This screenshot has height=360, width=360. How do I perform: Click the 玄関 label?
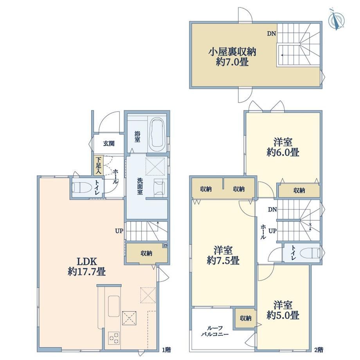[x=109, y=144]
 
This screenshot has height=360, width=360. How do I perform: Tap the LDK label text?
[x=86, y=261]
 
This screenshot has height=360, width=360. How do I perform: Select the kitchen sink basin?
[x=114, y=306]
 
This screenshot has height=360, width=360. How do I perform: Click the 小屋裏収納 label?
[x=232, y=52]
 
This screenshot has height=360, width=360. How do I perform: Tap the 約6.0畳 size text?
[x=283, y=152]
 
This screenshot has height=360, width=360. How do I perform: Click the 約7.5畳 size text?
[x=223, y=260]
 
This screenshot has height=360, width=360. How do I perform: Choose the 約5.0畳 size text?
[x=283, y=315]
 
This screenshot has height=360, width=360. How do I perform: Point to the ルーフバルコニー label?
[x=215, y=331]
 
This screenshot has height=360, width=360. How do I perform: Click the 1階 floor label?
[x=166, y=350]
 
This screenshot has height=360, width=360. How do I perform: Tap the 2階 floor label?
[x=319, y=350]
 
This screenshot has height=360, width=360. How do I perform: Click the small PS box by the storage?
[x=165, y=245]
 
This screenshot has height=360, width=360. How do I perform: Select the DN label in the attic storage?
[x=271, y=34]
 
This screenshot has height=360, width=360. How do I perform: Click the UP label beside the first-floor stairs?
[x=119, y=231]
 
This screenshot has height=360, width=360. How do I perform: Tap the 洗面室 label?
[x=140, y=186]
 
